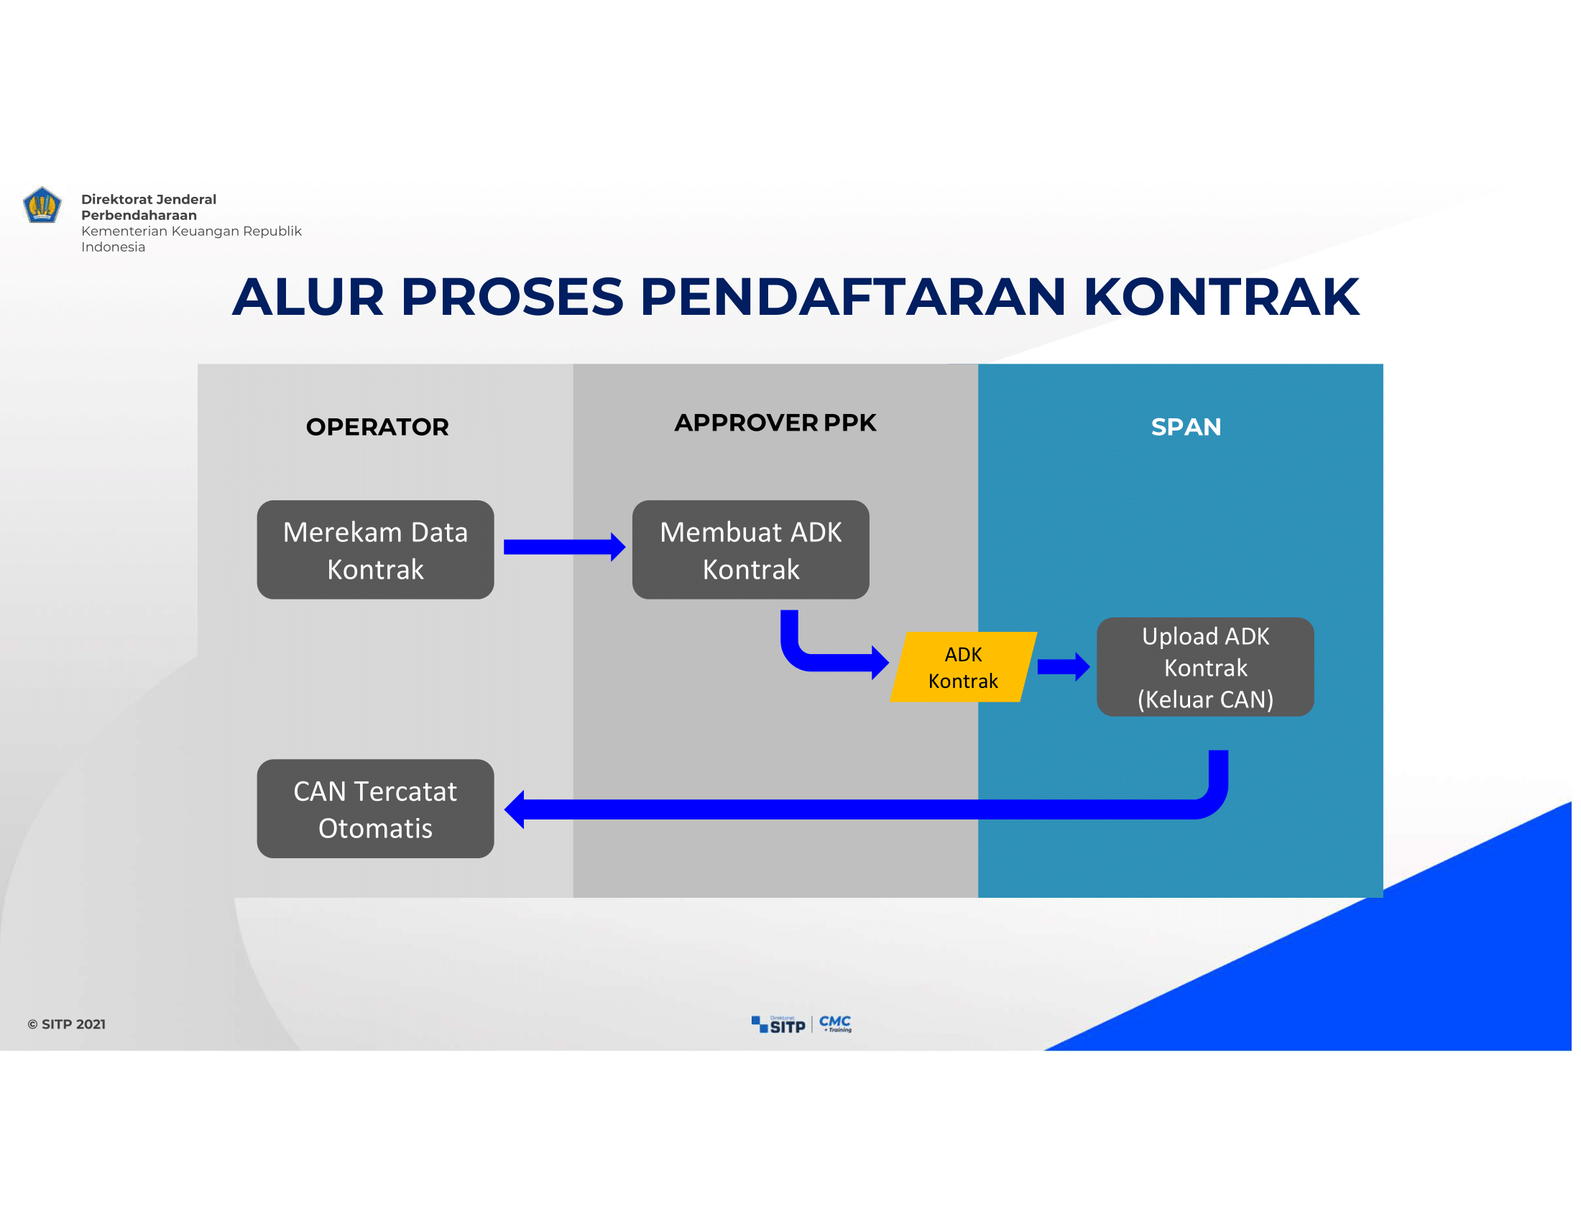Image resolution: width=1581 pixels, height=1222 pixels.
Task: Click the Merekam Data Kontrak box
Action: [x=375, y=549]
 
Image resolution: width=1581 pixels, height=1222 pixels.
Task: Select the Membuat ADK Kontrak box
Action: [x=751, y=549]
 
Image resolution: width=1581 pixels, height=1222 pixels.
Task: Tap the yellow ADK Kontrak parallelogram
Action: [x=964, y=667]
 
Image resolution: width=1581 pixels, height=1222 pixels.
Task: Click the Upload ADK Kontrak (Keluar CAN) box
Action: [x=1205, y=667]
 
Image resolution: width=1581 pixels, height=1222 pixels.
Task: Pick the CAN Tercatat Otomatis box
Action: [x=375, y=809]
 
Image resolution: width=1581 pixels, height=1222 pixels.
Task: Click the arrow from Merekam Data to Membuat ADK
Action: [x=565, y=547]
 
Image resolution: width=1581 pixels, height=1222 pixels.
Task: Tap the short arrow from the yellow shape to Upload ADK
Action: [x=1064, y=667]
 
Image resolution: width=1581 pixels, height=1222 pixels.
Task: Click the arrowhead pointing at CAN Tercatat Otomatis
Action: [x=515, y=809]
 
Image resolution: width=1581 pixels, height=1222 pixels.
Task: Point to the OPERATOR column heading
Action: [x=377, y=426]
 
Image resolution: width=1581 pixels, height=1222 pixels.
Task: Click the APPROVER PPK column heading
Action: [x=775, y=422]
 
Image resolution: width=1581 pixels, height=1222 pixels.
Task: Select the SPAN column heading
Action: [x=1186, y=426]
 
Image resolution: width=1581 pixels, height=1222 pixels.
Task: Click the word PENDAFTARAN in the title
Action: [x=853, y=297]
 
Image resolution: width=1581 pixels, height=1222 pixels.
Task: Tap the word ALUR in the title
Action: [x=308, y=297]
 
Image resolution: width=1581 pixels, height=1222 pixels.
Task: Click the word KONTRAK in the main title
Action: [x=1221, y=297]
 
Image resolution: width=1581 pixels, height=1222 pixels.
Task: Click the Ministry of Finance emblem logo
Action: [x=42, y=205]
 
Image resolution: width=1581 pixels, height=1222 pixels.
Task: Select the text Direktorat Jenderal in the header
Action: [x=149, y=199]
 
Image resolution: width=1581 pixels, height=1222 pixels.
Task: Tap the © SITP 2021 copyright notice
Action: [x=67, y=1024]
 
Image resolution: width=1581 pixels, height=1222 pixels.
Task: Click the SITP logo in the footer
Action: [x=778, y=1024]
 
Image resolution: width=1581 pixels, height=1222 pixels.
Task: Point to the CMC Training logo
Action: [x=835, y=1023]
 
